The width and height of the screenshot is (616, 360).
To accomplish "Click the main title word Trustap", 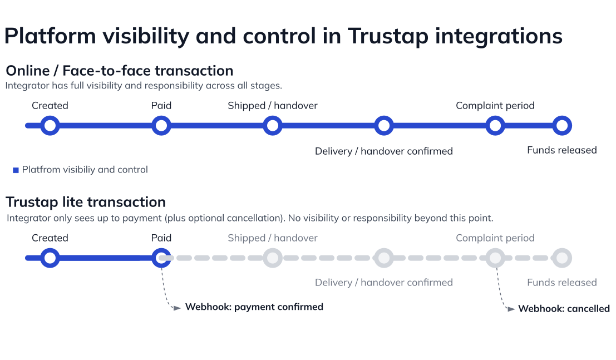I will click(387, 36).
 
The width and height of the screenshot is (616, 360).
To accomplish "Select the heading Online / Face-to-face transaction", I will click(119, 71).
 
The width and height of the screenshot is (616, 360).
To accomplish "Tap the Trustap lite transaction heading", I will click(86, 202).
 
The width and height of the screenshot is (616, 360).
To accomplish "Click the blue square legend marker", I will click(16, 170).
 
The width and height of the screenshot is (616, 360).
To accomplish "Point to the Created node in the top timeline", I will click(50, 126).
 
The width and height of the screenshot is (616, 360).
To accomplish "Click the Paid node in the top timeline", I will click(161, 126).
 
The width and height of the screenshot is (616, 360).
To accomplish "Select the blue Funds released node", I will click(562, 126).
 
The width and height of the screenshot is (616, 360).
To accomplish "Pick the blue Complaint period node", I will click(495, 126).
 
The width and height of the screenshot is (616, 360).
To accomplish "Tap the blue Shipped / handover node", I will click(272, 126).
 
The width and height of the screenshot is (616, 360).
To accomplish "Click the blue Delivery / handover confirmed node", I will click(384, 126).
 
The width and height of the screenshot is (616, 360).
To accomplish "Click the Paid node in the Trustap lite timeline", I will click(161, 258).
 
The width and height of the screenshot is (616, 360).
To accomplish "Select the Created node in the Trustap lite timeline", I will click(50, 258).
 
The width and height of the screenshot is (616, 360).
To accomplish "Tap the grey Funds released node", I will click(562, 258).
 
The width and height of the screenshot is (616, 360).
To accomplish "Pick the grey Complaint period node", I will click(495, 258).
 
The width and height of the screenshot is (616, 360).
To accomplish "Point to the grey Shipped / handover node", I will click(272, 258).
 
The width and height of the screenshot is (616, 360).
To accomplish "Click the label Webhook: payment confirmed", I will click(254, 307).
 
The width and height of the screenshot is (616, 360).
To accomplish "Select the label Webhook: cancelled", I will click(564, 309).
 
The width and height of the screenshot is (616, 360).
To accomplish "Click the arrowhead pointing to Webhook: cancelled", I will click(511, 309).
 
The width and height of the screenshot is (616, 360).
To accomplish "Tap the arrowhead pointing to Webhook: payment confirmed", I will click(177, 307).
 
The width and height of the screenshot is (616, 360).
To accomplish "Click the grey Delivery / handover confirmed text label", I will click(383, 283).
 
